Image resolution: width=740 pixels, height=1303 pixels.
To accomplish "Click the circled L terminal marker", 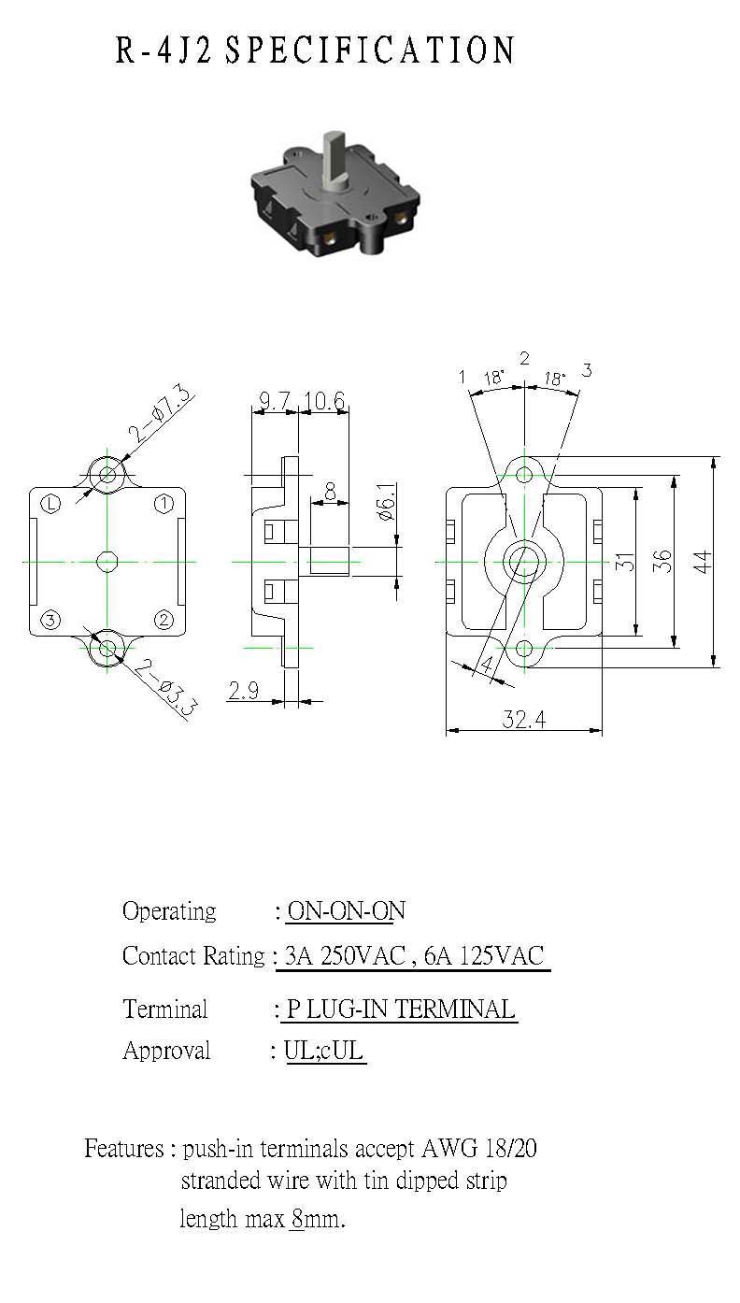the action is point(51,504).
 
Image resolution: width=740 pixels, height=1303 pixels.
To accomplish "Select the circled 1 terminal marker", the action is point(164,504).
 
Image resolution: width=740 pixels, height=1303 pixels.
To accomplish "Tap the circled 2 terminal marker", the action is point(164,620).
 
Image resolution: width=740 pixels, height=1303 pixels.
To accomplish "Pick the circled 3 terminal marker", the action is point(50,620).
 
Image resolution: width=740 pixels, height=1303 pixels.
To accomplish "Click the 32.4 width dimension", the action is point(524,720).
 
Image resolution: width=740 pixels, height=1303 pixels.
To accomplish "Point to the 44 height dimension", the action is point(703,562).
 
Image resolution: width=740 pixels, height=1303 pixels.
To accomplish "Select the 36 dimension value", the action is point(662,562).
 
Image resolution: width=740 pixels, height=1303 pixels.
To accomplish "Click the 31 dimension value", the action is point(624,562).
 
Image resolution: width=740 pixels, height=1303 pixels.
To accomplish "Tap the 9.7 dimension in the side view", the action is point(274,400).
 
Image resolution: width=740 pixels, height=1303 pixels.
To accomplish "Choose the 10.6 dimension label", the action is point(324,400).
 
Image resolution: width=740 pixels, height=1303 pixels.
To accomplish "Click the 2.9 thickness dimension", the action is point(243,691).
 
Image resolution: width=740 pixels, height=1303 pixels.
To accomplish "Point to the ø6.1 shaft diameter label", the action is point(387,501).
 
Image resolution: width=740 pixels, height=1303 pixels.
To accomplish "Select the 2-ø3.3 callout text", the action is point(165,688).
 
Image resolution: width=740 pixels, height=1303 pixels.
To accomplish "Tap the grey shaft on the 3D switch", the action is point(334,160).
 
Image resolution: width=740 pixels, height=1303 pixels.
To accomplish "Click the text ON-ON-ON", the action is point(347,910).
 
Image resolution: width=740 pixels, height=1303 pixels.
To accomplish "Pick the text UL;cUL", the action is point(324,1051).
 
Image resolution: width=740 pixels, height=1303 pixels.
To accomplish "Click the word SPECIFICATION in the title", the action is point(370,50).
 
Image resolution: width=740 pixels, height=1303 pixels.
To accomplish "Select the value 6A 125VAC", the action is point(484,955).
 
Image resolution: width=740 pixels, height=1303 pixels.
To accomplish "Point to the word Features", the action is point(124,1148).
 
